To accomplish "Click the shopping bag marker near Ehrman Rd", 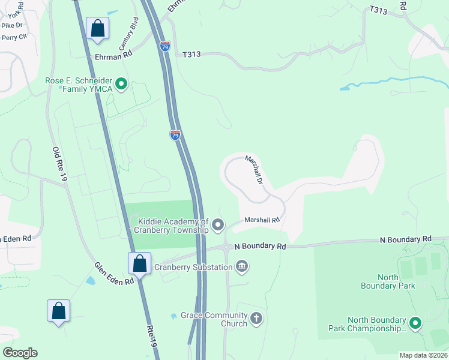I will coord(97,28).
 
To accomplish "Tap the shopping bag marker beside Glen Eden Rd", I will coord(139,263).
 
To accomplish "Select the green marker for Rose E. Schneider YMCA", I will coord(121,84).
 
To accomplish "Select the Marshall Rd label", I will coord(263,220).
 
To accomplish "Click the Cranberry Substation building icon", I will coord(242,266).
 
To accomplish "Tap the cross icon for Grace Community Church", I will coord(256,319).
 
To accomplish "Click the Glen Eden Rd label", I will coord(113,274).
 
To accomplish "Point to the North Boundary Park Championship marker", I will coord(415,324).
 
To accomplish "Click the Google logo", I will coord(20,353).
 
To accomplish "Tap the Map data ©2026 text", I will coord(423,355).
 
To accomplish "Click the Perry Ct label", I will coord(14,37).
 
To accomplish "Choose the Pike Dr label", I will coord(11,25).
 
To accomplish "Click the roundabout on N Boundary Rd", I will coord(226,247).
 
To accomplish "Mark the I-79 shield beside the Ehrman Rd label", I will coord(165,46).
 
